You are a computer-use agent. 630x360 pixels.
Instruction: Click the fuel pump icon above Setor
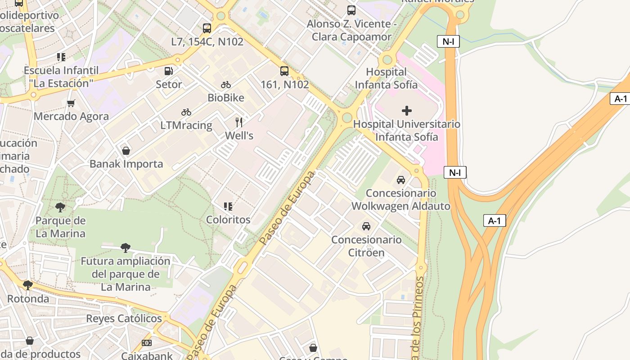[x=169, y=71]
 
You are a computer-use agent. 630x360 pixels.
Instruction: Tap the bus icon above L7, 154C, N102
[x=207, y=28]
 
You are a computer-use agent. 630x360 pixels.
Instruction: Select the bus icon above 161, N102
[x=284, y=71]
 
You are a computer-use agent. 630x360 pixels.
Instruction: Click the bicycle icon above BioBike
[x=226, y=85]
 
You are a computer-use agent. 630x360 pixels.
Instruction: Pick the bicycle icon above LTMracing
[x=186, y=112]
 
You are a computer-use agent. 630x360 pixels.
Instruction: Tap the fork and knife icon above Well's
[x=239, y=122]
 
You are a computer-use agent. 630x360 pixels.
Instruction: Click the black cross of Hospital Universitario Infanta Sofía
[x=407, y=111]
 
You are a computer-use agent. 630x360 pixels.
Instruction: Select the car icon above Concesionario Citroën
[x=366, y=226]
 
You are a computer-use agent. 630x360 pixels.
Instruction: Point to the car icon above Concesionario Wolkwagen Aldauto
[x=400, y=180]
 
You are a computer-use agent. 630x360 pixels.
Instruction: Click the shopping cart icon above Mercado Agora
[x=71, y=103]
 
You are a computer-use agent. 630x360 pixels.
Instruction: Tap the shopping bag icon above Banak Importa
[x=126, y=150]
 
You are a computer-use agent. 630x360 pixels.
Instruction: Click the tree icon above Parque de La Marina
[x=60, y=207]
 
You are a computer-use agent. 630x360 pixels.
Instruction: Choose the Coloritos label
[x=228, y=220]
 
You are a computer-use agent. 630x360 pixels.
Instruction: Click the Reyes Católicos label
[x=124, y=319]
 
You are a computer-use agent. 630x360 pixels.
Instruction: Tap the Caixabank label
[x=147, y=355]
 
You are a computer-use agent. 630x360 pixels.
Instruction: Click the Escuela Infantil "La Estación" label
[x=61, y=77]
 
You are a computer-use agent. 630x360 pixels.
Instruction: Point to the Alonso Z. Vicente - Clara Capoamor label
[x=351, y=30]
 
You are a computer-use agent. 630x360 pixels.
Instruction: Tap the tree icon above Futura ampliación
[x=126, y=247]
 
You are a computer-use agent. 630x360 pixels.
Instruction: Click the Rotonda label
[x=28, y=299]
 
